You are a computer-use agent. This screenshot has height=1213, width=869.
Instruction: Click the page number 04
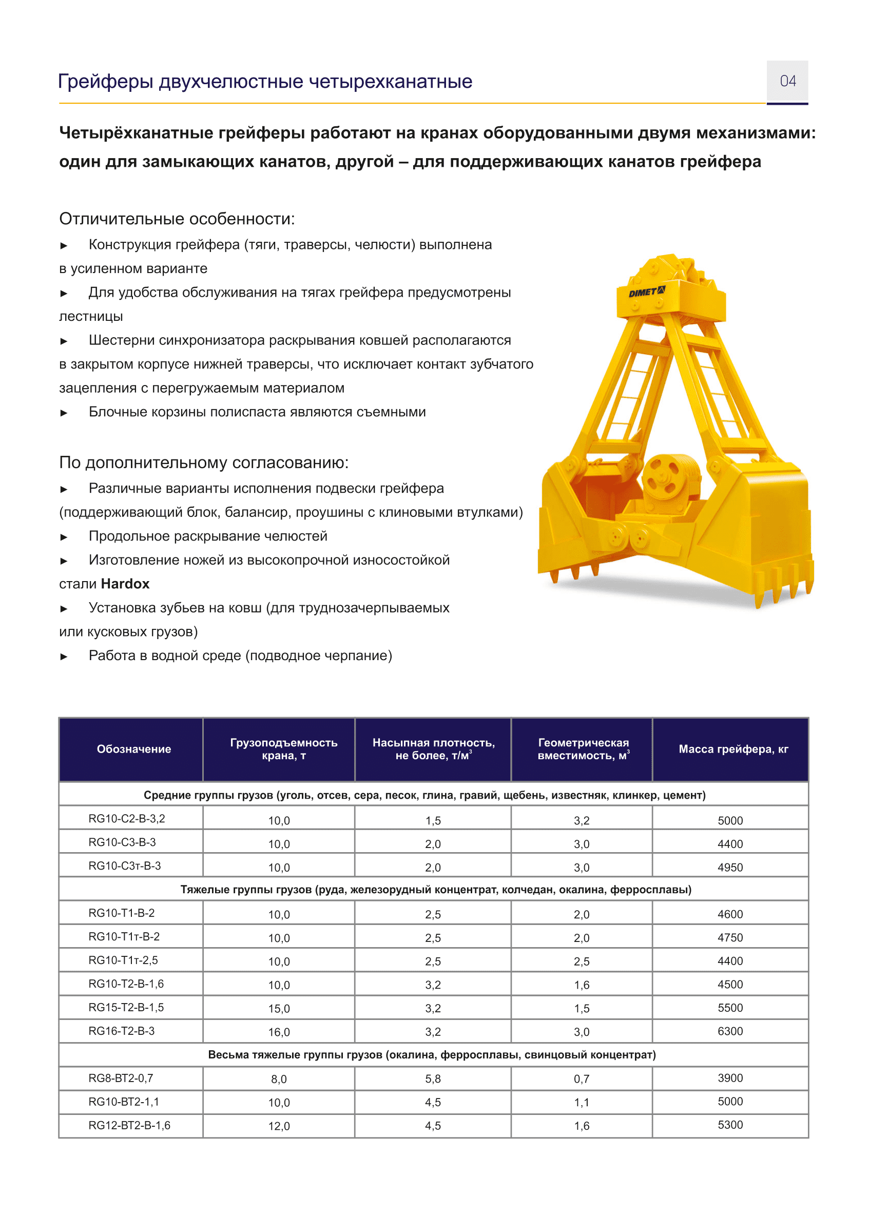787,81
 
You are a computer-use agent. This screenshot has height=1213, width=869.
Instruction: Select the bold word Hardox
125,584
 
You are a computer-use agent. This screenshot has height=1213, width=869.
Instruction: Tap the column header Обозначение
133,749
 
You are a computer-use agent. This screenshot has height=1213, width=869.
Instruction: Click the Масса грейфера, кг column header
733,749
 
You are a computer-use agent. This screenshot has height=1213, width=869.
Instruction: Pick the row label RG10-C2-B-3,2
127,818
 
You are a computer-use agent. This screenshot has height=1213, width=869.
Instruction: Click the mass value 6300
730,1031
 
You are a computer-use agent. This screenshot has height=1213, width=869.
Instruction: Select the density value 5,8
433,1079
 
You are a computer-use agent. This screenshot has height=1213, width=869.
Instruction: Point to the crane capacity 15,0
279,1008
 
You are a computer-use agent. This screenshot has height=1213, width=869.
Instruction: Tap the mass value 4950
730,868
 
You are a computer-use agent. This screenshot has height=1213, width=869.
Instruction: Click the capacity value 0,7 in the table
581,1079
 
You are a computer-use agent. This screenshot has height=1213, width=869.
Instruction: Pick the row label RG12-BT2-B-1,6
129,1125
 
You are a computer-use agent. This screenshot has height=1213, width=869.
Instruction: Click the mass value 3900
730,1077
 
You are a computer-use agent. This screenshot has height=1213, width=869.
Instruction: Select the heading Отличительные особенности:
177,219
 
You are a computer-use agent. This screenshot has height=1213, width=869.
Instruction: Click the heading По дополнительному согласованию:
203,462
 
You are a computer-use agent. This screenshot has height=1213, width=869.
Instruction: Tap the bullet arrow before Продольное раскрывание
64,537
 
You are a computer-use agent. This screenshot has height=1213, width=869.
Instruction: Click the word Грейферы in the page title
105,81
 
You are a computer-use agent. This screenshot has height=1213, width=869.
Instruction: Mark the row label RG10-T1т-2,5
123,960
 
